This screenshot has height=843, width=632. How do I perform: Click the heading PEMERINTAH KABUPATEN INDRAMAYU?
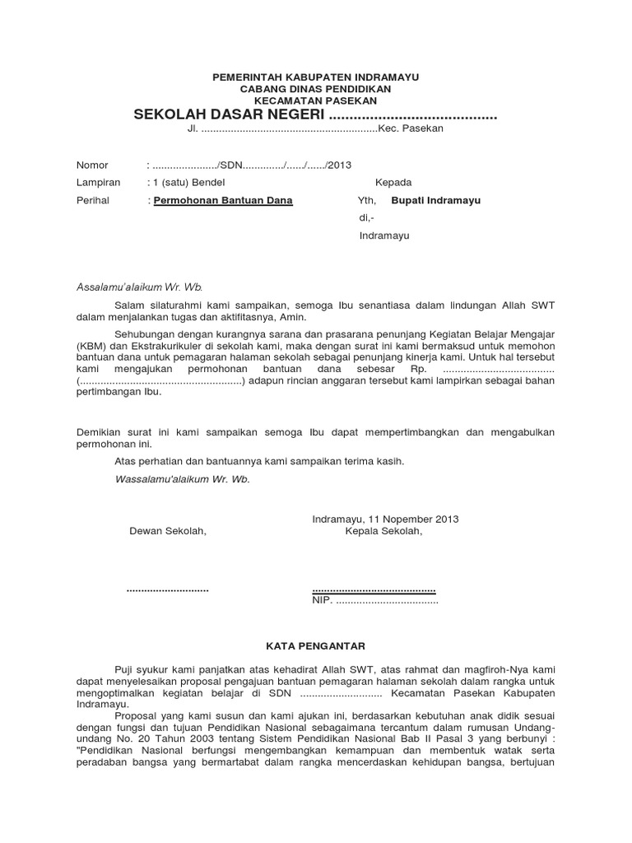pos(316,77)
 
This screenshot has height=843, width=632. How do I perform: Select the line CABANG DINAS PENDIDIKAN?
pos(316,88)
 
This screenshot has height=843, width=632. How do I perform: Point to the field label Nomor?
pos(92,165)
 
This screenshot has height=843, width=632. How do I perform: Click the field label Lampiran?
pos(98,183)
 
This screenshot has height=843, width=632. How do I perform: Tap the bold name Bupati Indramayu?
pos(436,200)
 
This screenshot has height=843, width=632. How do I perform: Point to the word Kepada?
pos(393,183)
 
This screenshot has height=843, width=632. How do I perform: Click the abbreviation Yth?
pos(366,200)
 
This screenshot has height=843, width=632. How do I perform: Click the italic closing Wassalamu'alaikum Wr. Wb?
pos(183,478)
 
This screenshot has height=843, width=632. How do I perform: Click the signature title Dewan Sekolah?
pos(169,531)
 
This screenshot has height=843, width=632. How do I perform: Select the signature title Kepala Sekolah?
pos(383,531)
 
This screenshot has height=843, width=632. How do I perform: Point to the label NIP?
pos(321,601)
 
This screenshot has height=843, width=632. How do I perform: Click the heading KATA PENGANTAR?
pos(316,646)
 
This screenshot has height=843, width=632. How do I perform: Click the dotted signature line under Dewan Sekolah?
pos(168,589)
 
